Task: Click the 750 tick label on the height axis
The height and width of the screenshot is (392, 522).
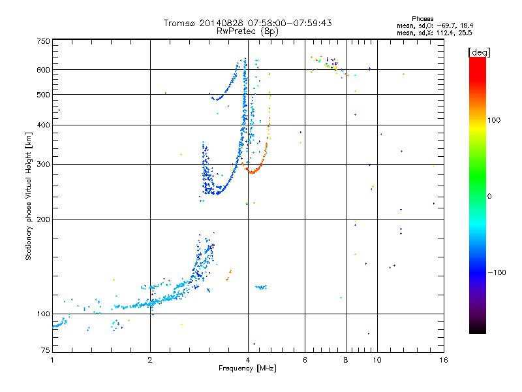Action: [x=43, y=41]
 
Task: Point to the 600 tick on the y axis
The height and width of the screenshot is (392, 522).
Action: [x=43, y=69]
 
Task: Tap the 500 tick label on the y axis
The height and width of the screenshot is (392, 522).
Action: [x=43, y=95]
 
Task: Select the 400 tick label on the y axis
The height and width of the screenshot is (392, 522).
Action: [x=43, y=125]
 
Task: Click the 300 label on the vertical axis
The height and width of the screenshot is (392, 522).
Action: [x=43, y=164]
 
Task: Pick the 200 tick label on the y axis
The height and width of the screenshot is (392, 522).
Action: [x=43, y=219]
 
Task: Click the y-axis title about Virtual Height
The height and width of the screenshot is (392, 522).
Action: [x=29, y=196]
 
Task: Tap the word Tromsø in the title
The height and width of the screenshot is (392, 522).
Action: [x=179, y=23]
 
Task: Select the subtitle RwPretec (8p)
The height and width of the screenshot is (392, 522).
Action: [x=247, y=31]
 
